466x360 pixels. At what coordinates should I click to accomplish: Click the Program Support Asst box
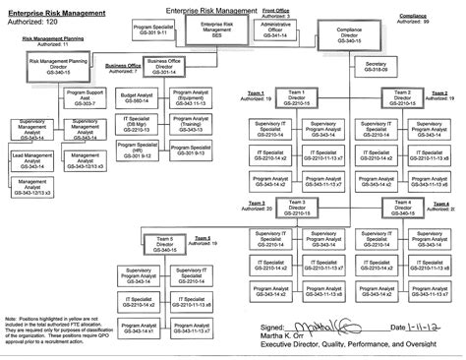tap(84, 97)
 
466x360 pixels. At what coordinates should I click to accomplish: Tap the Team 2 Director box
tap(402, 99)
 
